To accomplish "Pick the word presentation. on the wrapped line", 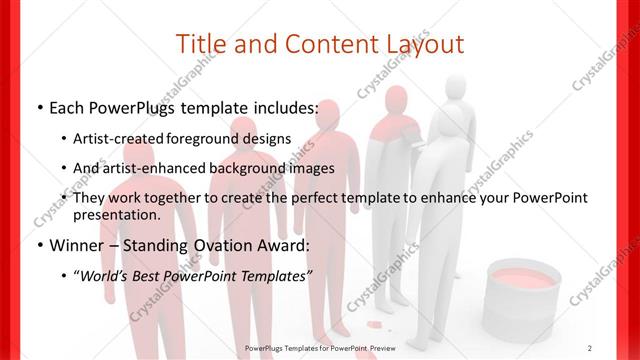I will tap(117, 214).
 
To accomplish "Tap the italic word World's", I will tap(112, 274).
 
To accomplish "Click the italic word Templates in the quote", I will tap(272, 274).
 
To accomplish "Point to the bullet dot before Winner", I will tap(39, 245).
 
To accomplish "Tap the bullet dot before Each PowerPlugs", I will tap(39, 107).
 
